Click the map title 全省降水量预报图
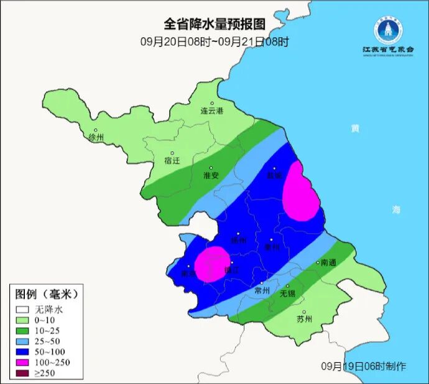pyautogui.click(x=214, y=24)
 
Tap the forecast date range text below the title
pyautogui.click(x=214, y=42)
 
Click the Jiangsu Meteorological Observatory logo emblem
pyautogui.click(x=388, y=29)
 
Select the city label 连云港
pyautogui.click(x=211, y=111)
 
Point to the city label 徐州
pyautogui.click(x=97, y=137)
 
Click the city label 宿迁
pyautogui.click(x=172, y=161)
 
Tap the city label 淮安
pyautogui.click(x=211, y=176)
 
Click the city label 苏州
pyautogui.click(x=304, y=319)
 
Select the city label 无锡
pyautogui.click(x=287, y=293)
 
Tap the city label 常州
pyautogui.click(x=262, y=290)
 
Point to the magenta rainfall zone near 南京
pyautogui.click(x=211, y=264)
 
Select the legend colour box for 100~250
pyautogui.click(x=23, y=362)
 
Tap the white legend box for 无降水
pyautogui.click(x=23, y=308)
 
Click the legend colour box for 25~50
pyautogui.click(x=23, y=341)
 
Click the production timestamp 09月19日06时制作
pyautogui.click(x=364, y=367)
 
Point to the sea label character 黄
pyautogui.click(x=354, y=128)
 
